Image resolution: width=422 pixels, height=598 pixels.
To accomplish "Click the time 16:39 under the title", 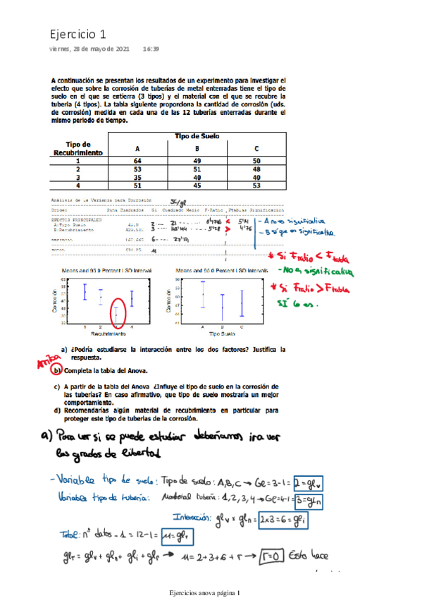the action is tap(150, 49).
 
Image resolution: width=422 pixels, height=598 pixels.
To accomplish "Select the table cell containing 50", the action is tap(256, 161).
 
